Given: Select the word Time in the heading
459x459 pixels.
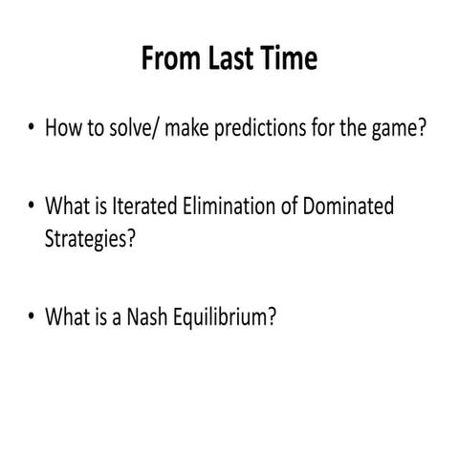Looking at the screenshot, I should click(x=288, y=60).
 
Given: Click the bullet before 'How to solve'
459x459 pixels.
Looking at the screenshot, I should click(x=32, y=128).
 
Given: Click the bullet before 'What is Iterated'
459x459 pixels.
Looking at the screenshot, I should click(x=32, y=207).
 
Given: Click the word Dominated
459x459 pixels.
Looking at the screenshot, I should click(x=347, y=207).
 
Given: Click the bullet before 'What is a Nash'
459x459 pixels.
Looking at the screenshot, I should click(x=32, y=315).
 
